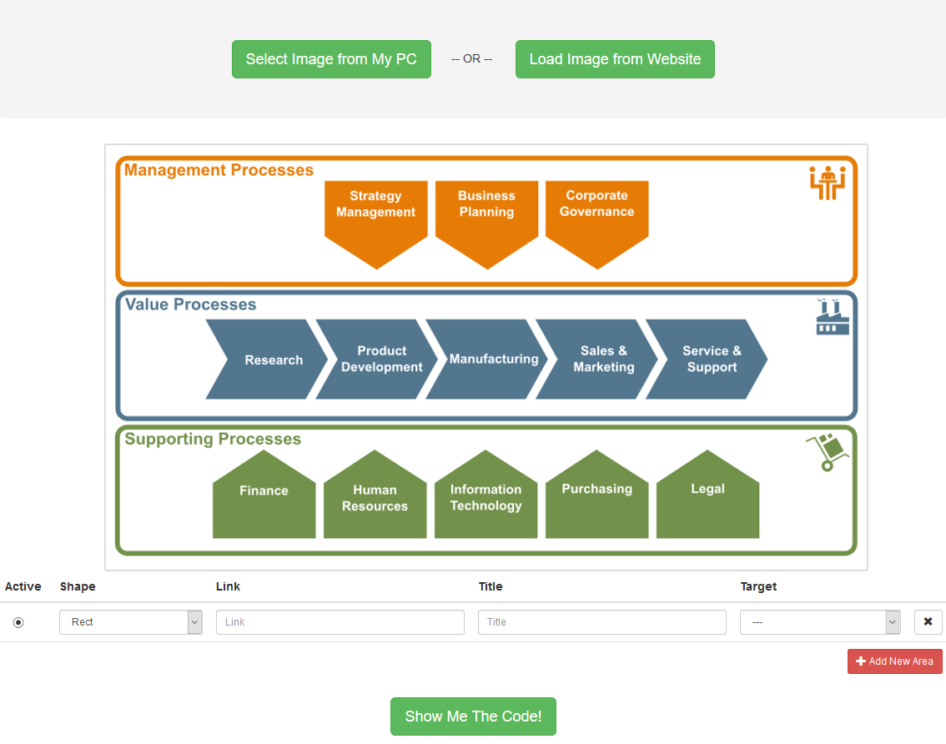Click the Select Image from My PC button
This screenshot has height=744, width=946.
pos(331,59)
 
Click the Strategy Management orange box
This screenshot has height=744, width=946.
pos(376,217)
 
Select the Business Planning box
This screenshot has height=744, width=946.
pos(486,217)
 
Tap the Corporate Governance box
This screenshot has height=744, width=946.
pos(596,217)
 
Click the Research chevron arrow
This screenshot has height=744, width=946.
pos(267,359)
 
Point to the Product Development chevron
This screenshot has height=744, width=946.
pos(377,359)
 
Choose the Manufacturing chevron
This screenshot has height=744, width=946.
pos(487,359)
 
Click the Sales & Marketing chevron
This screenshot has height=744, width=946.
pos(596,359)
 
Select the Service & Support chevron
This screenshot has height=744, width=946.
pos(707,359)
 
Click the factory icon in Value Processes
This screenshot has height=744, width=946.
pos(833,317)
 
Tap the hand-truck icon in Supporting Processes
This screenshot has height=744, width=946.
pos(828,452)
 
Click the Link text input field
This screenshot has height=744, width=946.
pos(340,622)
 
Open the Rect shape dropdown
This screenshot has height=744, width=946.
pos(130,622)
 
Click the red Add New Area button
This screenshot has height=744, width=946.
pos(895,661)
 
